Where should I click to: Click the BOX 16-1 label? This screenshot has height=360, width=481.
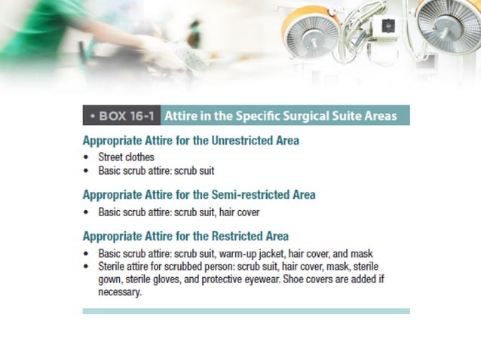pyautogui.click(x=121, y=117)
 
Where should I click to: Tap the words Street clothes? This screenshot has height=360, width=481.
pyautogui.click(x=126, y=157)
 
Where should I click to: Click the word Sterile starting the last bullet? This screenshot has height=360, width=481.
pyautogui.click(x=113, y=266)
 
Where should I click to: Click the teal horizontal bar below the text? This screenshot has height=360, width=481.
pyautogui.click(x=246, y=310)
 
